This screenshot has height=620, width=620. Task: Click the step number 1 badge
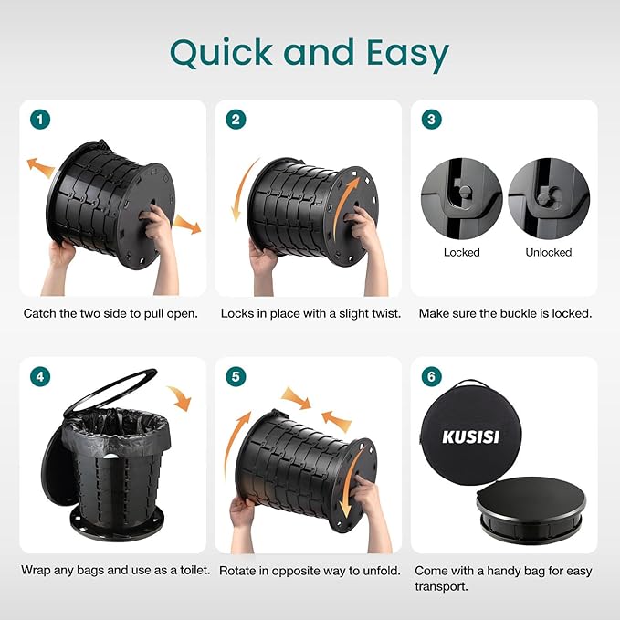40,120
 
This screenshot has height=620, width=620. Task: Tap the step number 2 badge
236,120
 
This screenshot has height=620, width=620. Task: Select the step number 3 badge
431,120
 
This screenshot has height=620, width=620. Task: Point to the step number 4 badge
40,376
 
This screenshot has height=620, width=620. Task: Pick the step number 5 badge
236,376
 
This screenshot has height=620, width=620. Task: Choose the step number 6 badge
431,376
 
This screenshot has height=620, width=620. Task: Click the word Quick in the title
221,53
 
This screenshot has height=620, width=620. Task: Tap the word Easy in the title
407,56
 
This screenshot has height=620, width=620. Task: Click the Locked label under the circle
461,252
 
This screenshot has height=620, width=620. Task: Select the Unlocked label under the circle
549,252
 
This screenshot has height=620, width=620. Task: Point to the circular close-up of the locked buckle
461,198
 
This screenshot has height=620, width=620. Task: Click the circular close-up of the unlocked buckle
549,198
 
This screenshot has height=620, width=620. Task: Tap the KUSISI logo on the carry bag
470,437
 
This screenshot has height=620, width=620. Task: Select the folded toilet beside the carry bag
531,510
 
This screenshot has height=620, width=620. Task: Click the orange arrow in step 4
181,397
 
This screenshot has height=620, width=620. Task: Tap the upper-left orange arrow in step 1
40,168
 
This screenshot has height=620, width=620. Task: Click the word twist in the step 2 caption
386,313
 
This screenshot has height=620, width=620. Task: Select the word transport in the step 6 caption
441,586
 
